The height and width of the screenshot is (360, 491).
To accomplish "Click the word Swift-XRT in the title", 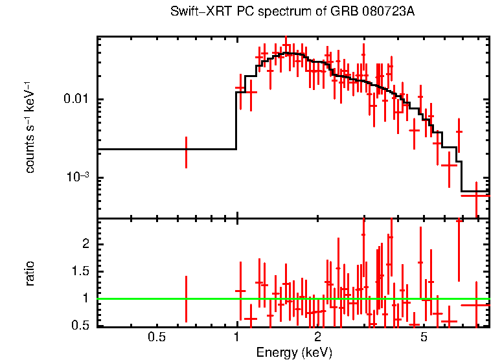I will coord(196,12).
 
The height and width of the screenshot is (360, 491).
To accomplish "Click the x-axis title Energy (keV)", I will coord(294,353).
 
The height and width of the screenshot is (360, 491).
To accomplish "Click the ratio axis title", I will coord(30,273).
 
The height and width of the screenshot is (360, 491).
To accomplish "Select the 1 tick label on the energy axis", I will coord(236,337).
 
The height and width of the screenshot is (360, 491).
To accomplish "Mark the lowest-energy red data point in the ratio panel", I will coord(187,298).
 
